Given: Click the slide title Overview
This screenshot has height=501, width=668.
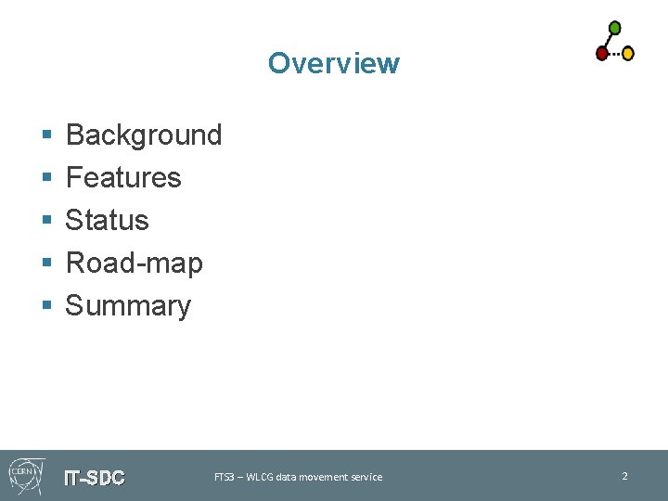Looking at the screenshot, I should tap(333, 63).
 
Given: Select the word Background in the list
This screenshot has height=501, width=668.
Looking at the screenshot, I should tap(144, 135).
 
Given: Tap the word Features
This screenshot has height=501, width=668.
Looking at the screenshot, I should tap(123, 177).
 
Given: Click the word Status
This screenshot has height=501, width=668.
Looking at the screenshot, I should tap(107, 221).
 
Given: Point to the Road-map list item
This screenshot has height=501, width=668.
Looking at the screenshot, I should tap(134, 263).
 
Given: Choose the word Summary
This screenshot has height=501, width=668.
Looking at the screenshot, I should tap(128, 305).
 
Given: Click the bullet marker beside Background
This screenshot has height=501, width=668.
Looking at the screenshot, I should tap(46, 136).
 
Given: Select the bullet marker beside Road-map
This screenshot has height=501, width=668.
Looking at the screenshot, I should tap(46, 264).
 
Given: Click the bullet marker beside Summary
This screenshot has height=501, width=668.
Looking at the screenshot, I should tap(46, 307).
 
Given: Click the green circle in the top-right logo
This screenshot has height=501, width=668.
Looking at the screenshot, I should tap(614, 27).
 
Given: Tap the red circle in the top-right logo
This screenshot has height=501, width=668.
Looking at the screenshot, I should tap(602, 53).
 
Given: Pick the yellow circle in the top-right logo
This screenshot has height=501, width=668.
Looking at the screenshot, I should tap(628, 53).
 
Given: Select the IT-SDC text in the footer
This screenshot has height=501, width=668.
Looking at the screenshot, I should tap(94, 479).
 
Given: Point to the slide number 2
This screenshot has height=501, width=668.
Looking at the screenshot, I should tap(624, 476).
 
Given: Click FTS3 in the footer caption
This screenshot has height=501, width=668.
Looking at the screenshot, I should tap(224, 477).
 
